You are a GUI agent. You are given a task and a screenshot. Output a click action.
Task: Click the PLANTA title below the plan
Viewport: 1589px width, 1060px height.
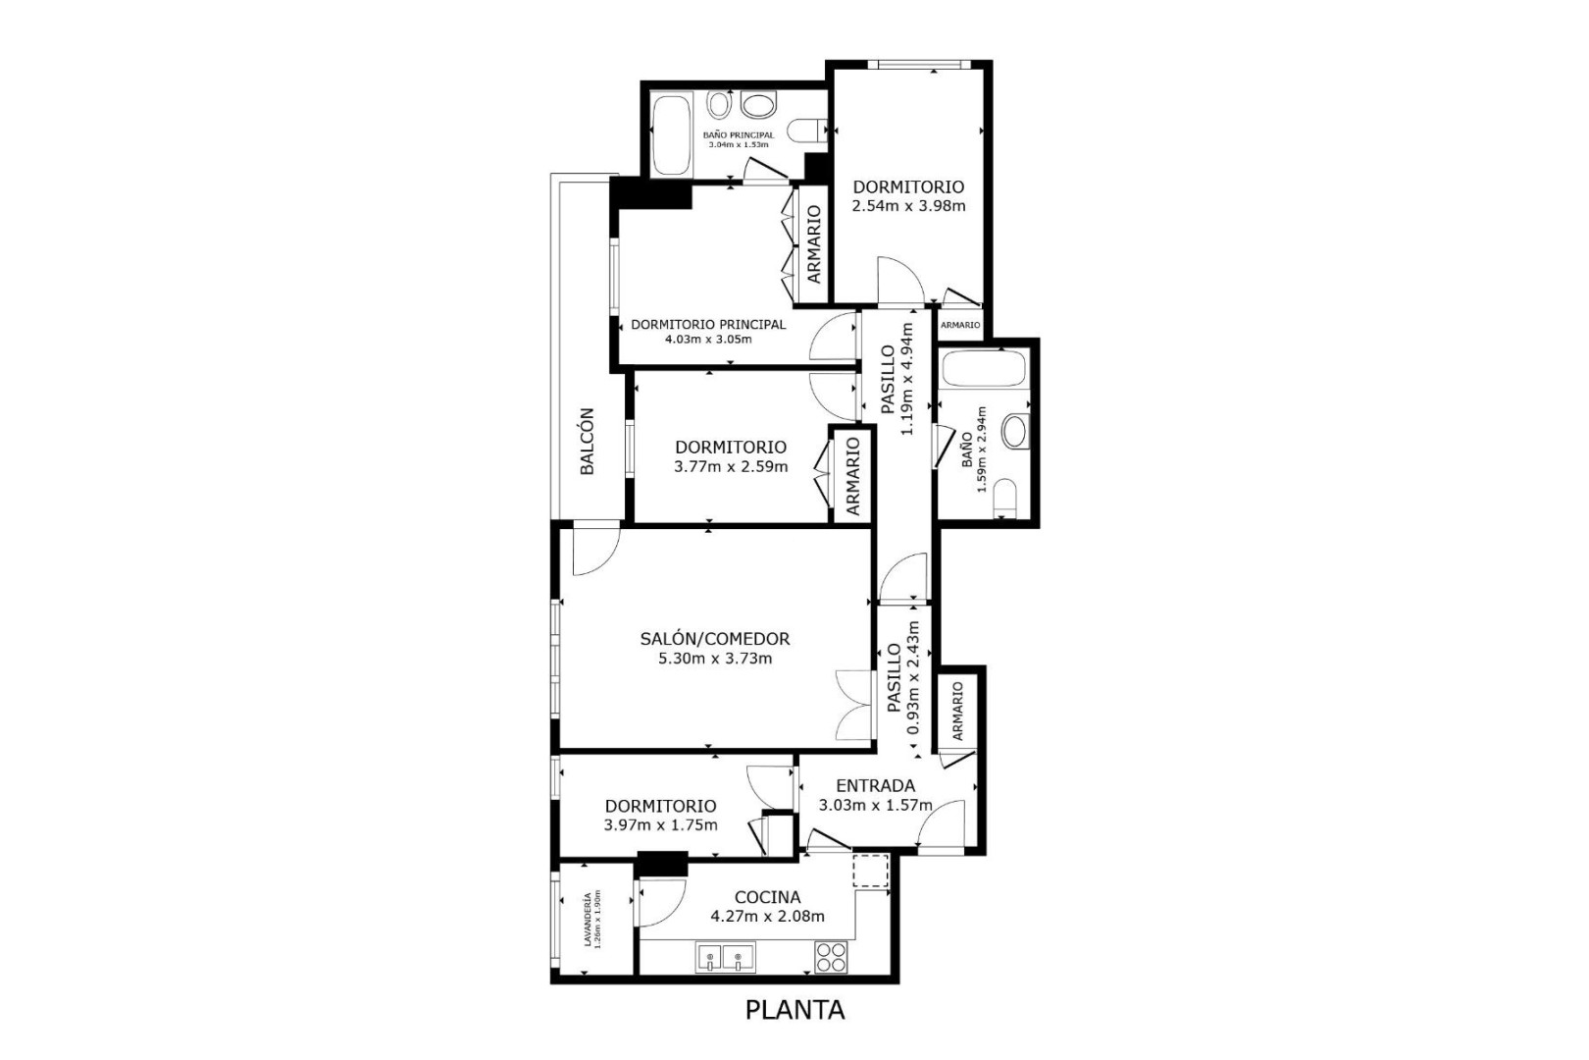coord(794,1010)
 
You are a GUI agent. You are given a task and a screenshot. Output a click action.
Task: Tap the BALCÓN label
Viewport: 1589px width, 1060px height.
coord(587,441)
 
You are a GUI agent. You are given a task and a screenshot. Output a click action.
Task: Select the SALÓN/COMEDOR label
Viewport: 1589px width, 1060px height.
coord(715,639)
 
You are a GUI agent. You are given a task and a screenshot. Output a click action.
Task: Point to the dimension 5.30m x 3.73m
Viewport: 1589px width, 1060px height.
coord(715,659)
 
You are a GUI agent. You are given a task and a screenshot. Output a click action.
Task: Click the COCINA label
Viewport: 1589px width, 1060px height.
coord(768,897)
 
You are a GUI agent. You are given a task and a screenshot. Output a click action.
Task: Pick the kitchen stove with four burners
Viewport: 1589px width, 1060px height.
coord(831,956)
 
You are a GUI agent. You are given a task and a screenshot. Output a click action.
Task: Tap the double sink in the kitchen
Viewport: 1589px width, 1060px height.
coord(725,957)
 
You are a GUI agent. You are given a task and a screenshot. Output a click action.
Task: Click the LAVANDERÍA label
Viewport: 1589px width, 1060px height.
coord(588,920)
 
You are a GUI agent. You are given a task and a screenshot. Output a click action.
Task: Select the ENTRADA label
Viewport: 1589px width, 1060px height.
coord(875,786)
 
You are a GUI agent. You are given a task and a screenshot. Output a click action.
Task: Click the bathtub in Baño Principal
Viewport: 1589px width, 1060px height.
coord(670,135)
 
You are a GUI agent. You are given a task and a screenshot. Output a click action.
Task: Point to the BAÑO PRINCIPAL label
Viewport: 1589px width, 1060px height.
coord(739,134)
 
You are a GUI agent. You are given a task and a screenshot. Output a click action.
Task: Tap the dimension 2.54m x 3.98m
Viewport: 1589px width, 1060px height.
coord(908,207)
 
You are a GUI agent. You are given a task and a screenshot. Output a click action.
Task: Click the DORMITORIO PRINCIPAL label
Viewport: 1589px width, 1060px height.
coord(708,325)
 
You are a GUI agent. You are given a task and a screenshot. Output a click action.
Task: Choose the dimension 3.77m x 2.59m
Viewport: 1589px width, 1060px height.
coord(731,467)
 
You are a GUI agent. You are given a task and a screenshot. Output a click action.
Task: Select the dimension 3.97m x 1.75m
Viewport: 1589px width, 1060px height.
coord(660,825)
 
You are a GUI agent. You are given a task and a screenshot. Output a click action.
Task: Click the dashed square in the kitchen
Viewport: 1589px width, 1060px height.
coord(870,872)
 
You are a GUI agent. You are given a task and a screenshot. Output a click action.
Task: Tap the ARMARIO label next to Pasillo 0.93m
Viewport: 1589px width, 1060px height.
coord(957,712)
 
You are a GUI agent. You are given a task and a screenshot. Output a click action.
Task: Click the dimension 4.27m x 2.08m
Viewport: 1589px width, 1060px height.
coord(768,917)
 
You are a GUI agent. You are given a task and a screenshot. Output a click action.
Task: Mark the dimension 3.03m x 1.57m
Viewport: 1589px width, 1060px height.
coord(875,806)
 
